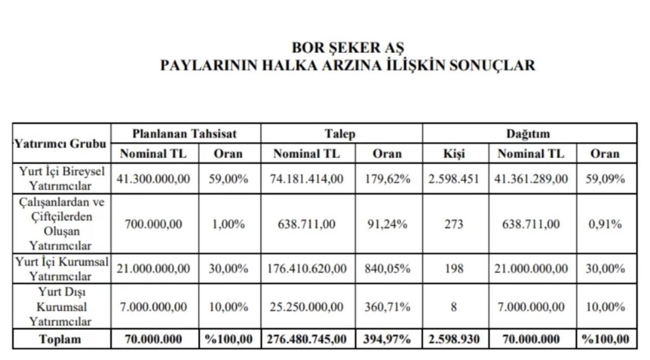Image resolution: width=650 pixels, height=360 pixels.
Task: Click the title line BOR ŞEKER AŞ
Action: tap(347, 48)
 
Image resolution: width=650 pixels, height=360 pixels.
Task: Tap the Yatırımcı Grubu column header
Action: tap(61, 144)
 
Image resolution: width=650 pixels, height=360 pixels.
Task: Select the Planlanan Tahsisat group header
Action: tap(185, 134)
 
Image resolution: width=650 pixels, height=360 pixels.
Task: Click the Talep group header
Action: tap(341, 134)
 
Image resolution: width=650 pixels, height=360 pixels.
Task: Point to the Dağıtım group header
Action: tap(528, 134)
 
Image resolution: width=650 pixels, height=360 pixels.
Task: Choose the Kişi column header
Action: tap(453, 154)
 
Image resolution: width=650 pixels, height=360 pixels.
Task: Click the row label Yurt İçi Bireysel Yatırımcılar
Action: tap(61, 178)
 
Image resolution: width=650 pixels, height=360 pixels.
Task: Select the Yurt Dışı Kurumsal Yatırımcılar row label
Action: tap(61, 307)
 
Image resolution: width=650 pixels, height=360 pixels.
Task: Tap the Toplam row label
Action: tap(60, 340)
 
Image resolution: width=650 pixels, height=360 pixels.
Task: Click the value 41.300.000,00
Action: tap(154, 179)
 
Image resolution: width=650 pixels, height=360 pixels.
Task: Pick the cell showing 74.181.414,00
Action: tap(307, 179)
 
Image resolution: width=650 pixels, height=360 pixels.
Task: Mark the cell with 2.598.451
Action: tap(453, 179)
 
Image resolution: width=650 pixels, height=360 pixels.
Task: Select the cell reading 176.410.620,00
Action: tap(307, 269)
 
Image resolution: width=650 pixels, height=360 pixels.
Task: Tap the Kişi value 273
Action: tap(453, 223)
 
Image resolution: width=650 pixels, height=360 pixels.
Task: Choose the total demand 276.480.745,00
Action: tap(307, 340)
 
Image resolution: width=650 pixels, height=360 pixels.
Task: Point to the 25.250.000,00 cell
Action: tap(307, 307)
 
